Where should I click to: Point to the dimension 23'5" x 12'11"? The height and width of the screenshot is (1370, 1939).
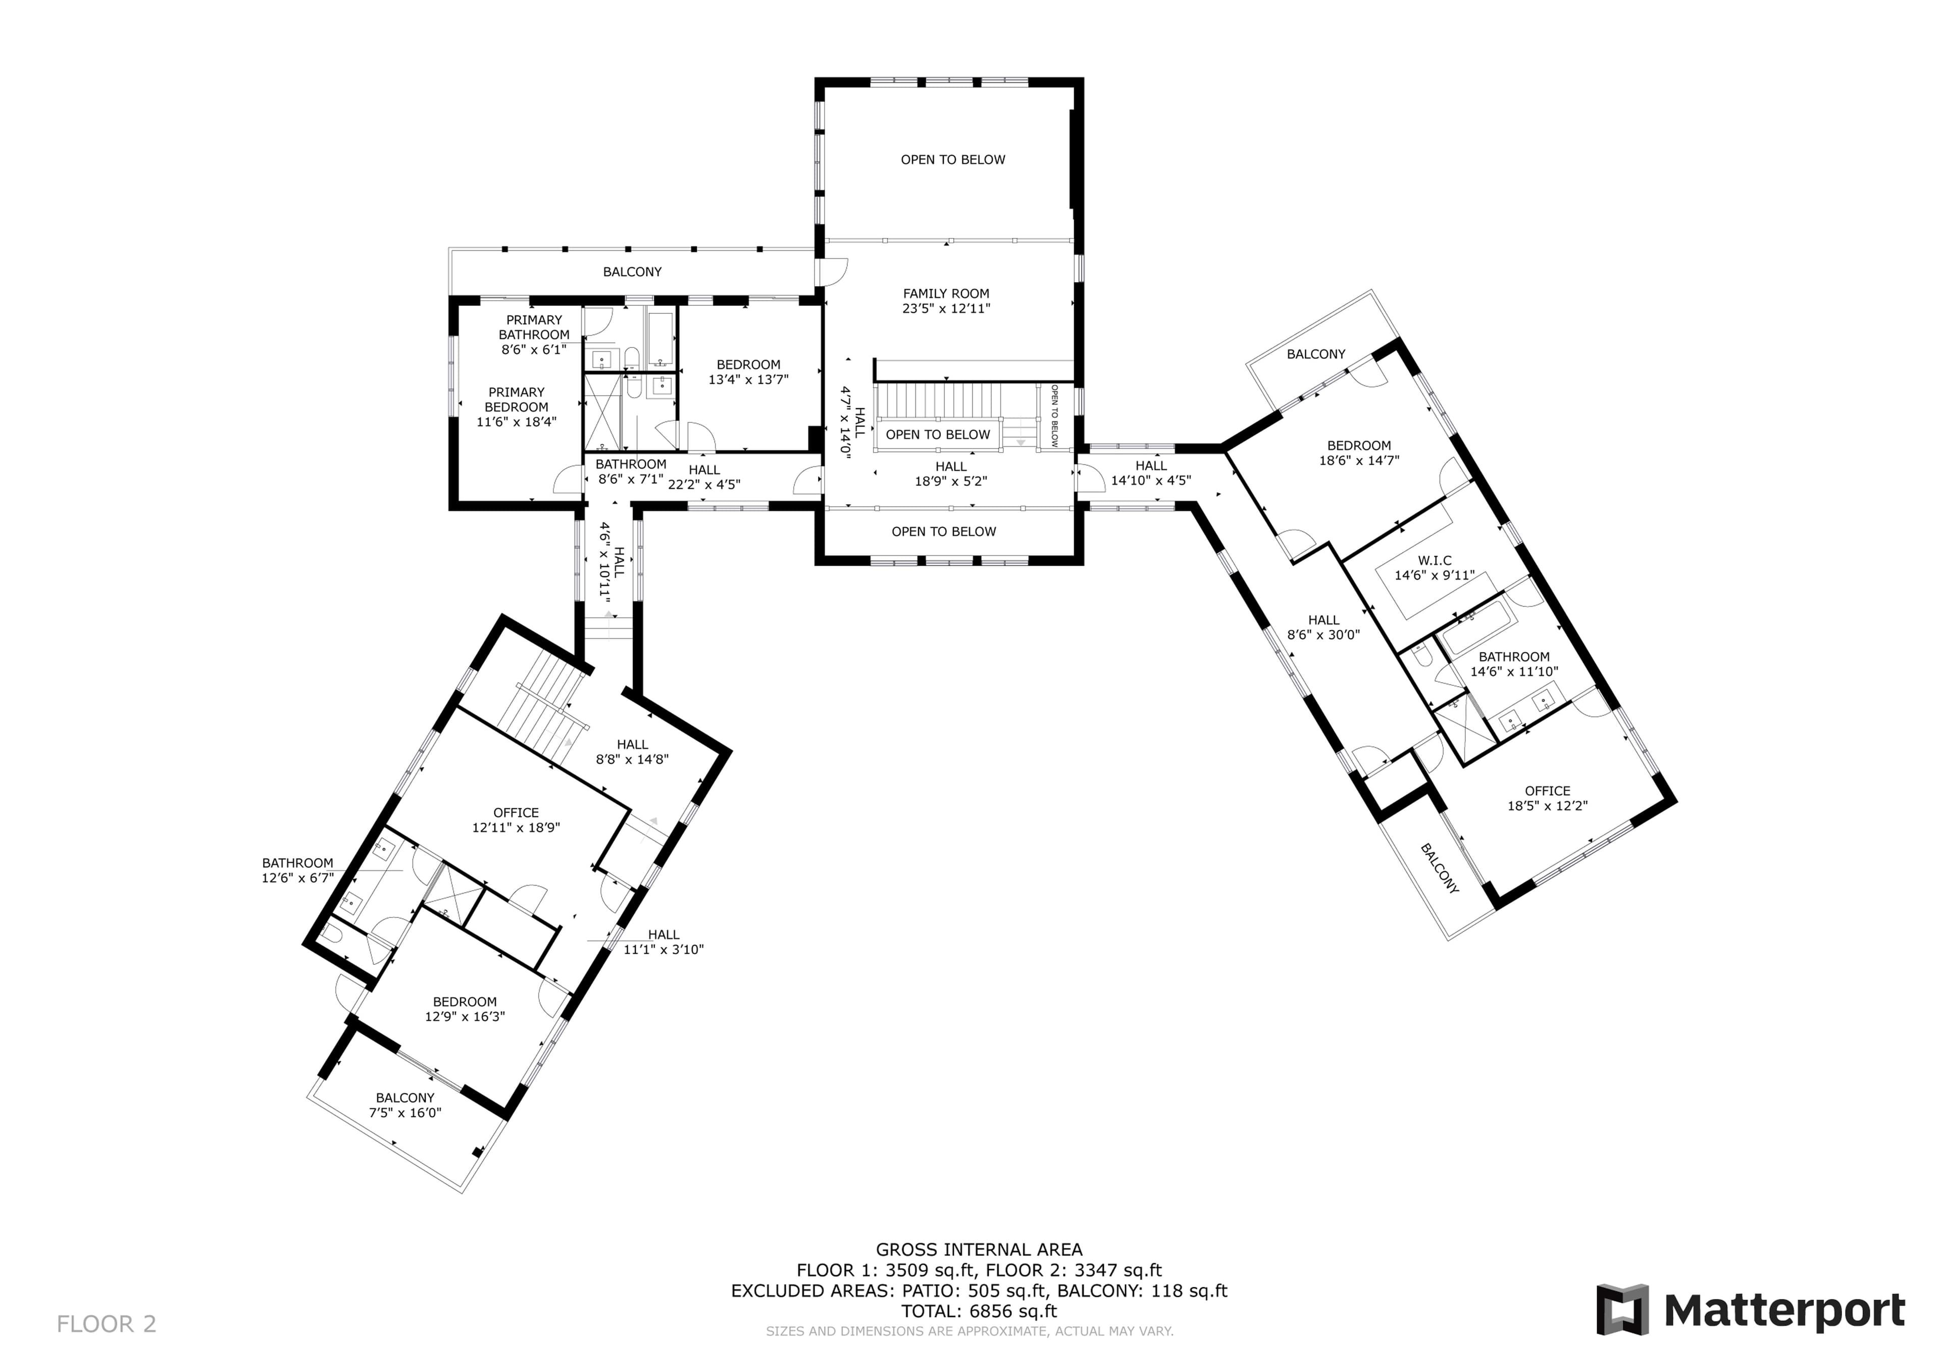point(946,309)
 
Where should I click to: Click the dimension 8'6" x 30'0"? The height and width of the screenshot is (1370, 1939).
point(1323,635)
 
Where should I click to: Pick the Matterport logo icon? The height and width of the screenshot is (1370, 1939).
point(1622,1310)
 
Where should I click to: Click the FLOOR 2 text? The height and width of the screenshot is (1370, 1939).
point(107,1324)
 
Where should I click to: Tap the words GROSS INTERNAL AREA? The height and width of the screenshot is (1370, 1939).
point(979,1249)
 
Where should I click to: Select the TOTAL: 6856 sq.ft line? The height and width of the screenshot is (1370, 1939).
point(979,1311)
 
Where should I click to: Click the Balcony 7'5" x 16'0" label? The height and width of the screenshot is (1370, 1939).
point(405,1105)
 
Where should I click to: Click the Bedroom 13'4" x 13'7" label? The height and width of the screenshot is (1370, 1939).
point(748,372)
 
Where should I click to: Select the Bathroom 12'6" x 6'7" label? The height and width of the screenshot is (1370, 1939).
point(297,870)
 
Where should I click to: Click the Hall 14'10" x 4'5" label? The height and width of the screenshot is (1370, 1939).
point(1151,473)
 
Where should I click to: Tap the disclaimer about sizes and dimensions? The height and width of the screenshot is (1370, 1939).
point(970,1331)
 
